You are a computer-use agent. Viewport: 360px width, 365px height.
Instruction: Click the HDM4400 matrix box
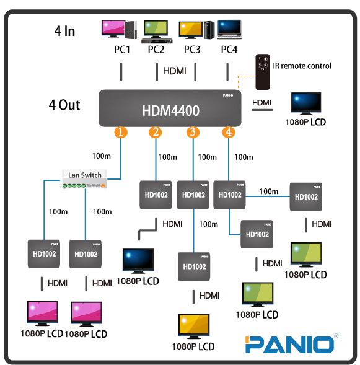click(x=170, y=108)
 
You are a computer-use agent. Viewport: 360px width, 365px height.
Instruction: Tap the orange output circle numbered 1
click(x=121, y=132)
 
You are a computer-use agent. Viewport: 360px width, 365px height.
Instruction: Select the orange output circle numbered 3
click(x=193, y=132)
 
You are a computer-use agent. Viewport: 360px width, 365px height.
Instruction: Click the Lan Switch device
click(x=84, y=178)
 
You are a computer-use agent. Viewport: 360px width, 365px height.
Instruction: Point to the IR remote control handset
click(x=263, y=72)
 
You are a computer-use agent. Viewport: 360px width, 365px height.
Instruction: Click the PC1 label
click(x=122, y=50)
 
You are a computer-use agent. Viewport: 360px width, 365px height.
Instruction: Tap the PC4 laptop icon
click(x=229, y=29)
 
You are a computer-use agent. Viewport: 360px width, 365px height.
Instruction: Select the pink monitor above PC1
click(x=113, y=29)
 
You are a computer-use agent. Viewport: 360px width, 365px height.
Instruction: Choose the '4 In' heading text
click(x=64, y=31)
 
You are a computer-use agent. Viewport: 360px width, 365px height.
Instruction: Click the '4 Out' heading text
click(x=64, y=105)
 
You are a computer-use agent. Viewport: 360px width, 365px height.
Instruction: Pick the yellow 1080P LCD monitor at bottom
click(x=194, y=327)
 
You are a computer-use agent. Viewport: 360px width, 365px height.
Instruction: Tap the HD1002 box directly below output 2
click(x=156, y=195)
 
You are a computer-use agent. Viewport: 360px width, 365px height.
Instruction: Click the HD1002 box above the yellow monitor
click(x=194, y=266)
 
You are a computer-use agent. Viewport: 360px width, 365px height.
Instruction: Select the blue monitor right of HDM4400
click(x=306, y=103)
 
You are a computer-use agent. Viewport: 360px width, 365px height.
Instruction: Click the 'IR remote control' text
click(x=302, y=66)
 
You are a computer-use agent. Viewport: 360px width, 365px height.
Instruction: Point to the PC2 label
click(x=156, y=50)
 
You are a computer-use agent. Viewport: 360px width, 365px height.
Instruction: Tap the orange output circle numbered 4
click(x=229, y=132)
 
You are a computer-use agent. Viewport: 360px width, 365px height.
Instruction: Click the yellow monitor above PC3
click(x=191, y=30)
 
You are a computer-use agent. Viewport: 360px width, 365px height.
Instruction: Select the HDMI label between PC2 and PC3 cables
click(x=175, y=71)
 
